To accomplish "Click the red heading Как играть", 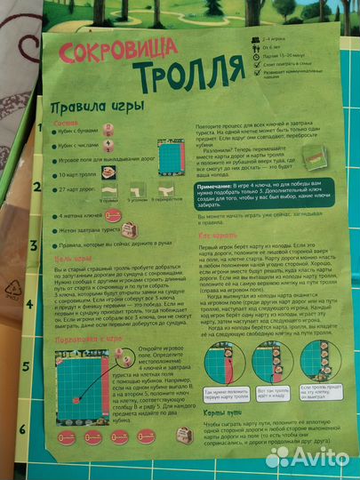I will (x=218, y=235).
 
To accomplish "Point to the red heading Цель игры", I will (x=65, y=259).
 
